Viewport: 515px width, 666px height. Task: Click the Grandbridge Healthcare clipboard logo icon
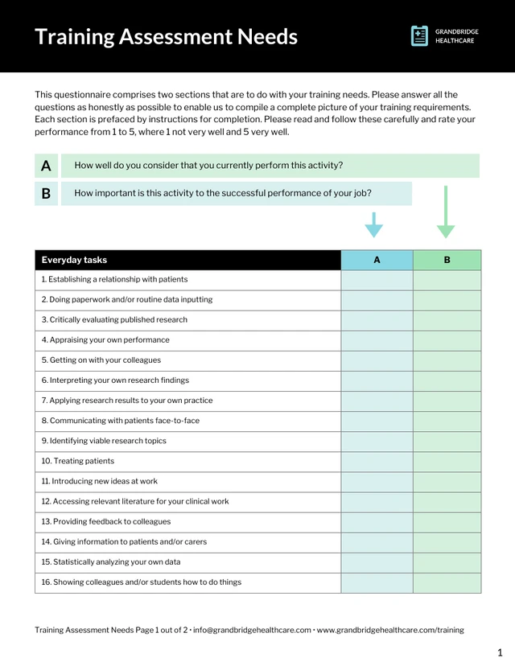(419, 35)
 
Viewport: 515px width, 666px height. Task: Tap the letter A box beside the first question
(46, 166)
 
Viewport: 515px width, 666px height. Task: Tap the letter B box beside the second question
(46, 193)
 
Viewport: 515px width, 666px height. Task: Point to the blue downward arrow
(373, 224)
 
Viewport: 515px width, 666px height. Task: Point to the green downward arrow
(446, 212)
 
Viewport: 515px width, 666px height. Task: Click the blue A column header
(377, 260)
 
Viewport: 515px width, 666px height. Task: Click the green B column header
(447, 260)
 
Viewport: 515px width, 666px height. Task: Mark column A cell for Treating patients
(377, 462)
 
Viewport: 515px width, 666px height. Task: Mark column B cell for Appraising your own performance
(447, 340)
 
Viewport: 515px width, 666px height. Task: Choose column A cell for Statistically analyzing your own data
(377, 562)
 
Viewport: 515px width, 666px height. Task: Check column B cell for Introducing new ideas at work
(447, 482)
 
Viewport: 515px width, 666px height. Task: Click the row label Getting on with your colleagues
(101, 360)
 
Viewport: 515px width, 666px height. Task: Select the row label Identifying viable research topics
(104, 441)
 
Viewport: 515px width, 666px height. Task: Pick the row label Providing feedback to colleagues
(106, 522)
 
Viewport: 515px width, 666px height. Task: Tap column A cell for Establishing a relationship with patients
(377, 280)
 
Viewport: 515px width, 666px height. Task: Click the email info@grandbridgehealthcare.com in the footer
(252, 631)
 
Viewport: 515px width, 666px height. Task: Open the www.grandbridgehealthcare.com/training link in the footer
(390, 631)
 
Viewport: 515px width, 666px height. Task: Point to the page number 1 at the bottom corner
(500, 652)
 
